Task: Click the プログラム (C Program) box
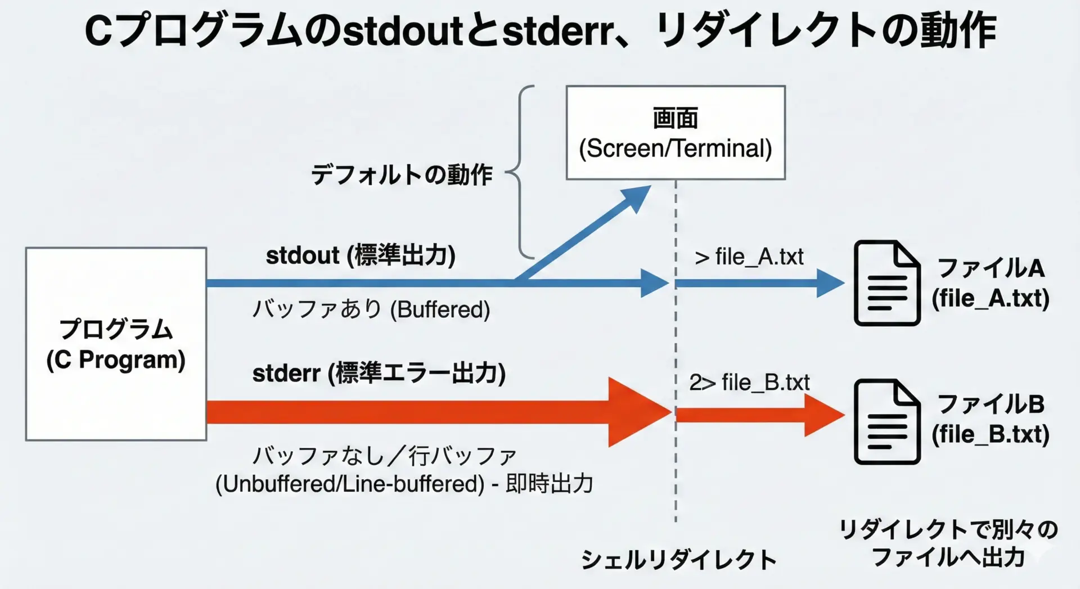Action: tap(116, 344)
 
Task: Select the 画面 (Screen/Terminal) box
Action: tap(675, 133)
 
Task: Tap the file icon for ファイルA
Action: tap(886, 283)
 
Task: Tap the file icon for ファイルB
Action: tap(886, 421)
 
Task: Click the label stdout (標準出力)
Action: tap(361, 255)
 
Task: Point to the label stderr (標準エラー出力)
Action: tap(379, 373)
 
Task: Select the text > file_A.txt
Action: tap(749, 257)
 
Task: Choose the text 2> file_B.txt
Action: tap(749, 383)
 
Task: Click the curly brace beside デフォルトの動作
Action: tap(520, 172)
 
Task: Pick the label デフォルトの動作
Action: tap(402, 174)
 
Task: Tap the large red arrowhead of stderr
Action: tap(638, 412)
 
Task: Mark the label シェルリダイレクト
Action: tap(678, 559)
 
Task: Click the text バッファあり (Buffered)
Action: tap(371, 309)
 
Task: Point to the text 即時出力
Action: tap(549, 484)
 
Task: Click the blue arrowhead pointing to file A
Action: tap(829, 283)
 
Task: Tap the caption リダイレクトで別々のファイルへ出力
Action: tap(948, 543)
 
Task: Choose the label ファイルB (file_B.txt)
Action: tap(990, 419)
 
